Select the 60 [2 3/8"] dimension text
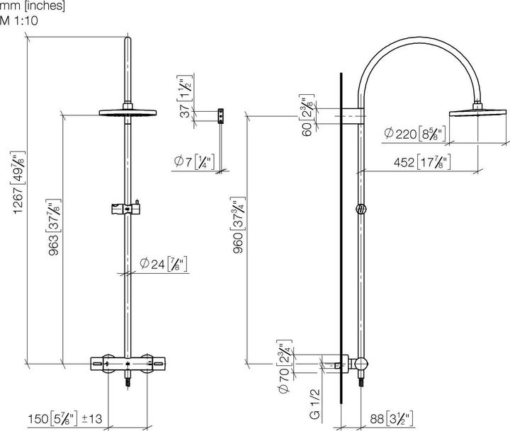coord(307,115)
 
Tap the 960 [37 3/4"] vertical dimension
coord(239,226)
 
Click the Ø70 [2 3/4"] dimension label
coord(283,367)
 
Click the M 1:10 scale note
coord(19,21)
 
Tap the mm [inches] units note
coord(33,6)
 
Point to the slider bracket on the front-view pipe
coord(127,209)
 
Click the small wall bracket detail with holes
coord(221,115)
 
